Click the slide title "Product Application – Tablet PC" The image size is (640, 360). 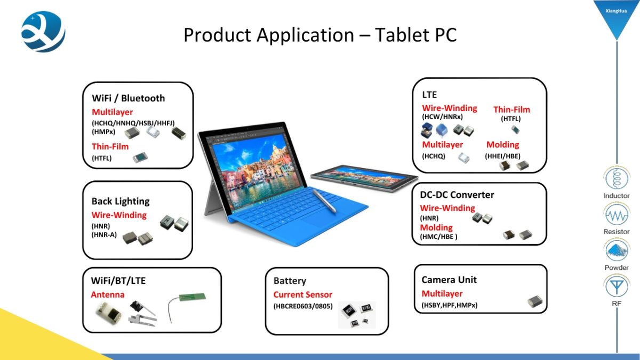[x=320, y=35]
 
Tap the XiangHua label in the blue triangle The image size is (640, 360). [x=616, y=11]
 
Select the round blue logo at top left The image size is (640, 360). [x=43, y=31]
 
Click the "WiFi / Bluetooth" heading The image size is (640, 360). [x=129, y=98]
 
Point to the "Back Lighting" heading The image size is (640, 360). [x=121, y=202]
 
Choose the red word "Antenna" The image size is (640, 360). [x=108, y=294]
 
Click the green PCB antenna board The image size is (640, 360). [x=192, y=297]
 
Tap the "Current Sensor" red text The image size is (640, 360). [x=303, y=294]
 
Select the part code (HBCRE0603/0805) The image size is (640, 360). [x=303, y=306]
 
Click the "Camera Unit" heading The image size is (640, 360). [x=449, y=279]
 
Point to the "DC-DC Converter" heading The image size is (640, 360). [x=457, y=195]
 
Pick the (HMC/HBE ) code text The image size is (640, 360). [x=438, y=237]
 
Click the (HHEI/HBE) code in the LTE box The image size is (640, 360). [x=502, y=156]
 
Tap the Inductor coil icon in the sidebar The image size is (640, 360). [x=617, y=178]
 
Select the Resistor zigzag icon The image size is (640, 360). [x=617, y=214]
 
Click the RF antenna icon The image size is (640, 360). [x=617, y=286]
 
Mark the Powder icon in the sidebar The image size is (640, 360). [x=617, y=250]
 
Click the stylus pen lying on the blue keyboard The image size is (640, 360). [x=324, y=201]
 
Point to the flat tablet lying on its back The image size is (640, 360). [x=364, y=178]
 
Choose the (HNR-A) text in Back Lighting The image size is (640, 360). [x=104, y=235]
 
